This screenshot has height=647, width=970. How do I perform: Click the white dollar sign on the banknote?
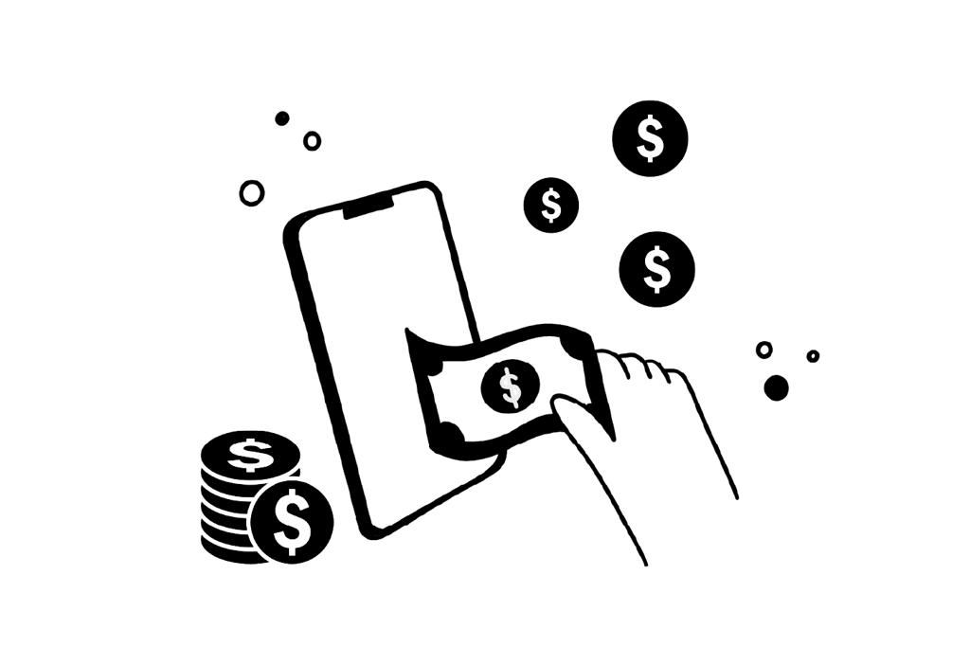511,386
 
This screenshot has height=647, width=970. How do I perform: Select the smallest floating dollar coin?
551,205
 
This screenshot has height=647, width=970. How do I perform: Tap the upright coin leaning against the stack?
293,522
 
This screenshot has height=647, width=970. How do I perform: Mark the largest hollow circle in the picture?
252,194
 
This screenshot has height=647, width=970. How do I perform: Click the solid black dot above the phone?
282,118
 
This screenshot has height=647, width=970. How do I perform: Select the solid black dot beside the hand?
776,387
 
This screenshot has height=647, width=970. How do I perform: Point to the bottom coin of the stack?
227,552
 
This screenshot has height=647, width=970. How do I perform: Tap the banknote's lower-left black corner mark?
450,435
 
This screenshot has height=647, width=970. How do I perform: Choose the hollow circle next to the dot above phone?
312,141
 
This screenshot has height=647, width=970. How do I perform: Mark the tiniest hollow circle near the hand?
813,356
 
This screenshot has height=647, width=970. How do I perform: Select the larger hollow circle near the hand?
763,350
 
